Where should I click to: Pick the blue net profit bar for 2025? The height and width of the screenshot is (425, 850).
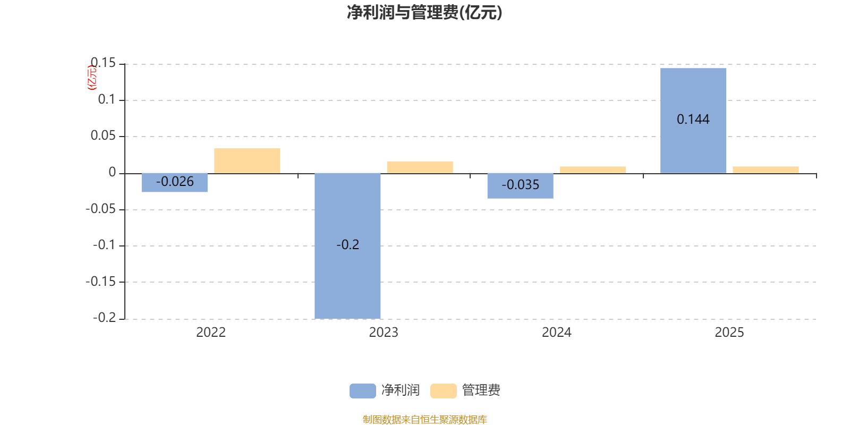(x=693, y=149)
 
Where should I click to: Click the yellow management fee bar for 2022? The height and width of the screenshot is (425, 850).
(x=247, y=160)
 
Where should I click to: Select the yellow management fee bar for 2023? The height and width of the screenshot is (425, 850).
(x=420, y=167)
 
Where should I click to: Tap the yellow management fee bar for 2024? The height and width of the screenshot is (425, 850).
(x=593, y=169)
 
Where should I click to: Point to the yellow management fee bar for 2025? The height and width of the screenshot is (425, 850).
(x=766, y=169)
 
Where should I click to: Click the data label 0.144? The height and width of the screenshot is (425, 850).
(x=693, y=120)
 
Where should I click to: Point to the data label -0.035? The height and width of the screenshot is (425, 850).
(x=521, y=185)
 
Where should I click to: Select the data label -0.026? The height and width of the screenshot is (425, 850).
(x=175, y=182)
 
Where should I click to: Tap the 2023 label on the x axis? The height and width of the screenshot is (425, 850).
(x=384, y=333)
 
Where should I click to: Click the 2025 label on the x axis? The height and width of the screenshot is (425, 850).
(x=729, y=333)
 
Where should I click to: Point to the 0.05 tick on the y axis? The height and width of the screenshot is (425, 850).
(x=103, y=136)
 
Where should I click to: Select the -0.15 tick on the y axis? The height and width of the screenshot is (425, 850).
(x=100, y=282)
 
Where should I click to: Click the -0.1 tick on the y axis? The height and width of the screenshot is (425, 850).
(x=104, y=245)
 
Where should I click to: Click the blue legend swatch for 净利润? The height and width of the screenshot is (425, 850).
(x=362, y=390)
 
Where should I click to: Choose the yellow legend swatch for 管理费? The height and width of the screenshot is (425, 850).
(x=443, y=390)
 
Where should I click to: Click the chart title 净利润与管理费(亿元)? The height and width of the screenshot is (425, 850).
(x=424, y=13)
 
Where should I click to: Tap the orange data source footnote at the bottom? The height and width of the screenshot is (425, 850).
(x=424, y=420)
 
